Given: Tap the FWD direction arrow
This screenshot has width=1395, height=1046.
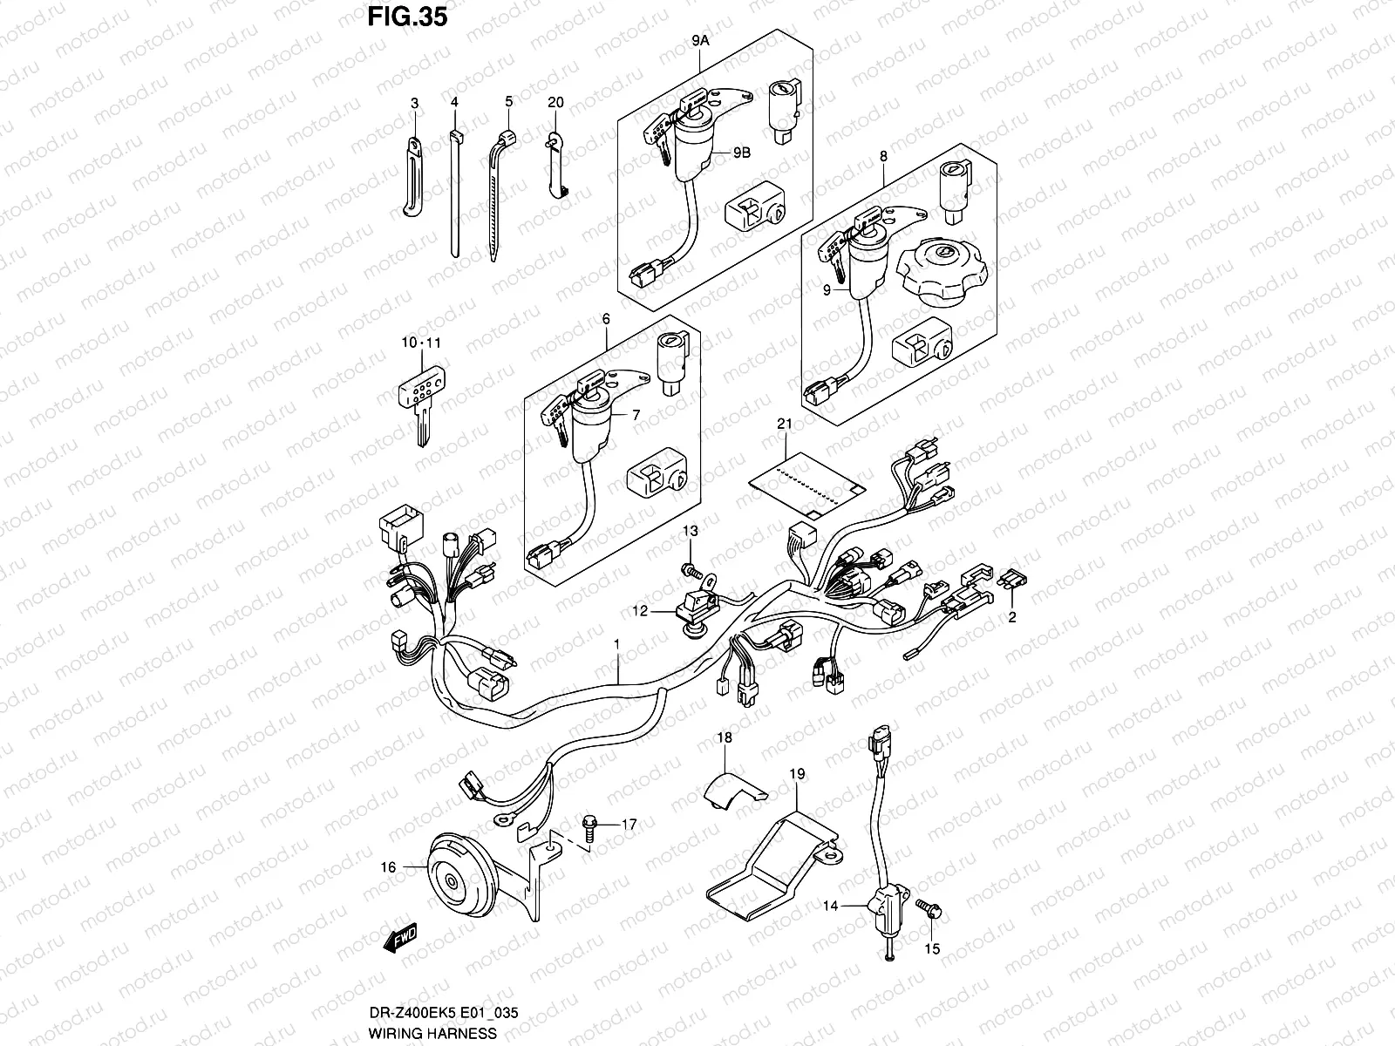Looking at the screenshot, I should pos(401,939).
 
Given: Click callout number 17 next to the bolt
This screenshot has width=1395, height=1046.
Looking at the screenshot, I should pos(629,823).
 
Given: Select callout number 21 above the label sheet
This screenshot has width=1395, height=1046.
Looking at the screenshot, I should pos(784,425).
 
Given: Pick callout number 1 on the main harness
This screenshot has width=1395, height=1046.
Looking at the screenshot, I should pos(616,644).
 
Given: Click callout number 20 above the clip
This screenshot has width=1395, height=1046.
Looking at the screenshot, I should pos(555,102).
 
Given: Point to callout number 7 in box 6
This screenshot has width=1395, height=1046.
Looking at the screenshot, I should pos(636,416).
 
